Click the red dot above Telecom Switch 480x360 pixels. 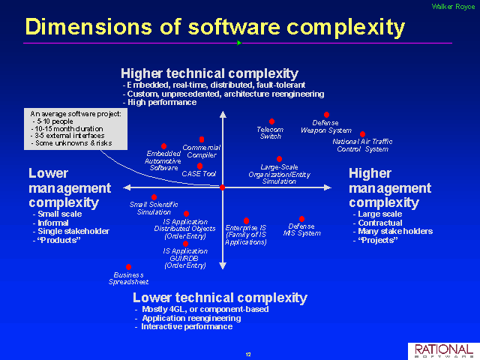tap(271, 121)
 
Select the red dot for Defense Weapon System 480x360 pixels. tap(327, 115)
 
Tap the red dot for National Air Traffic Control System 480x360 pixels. tap(362, 134)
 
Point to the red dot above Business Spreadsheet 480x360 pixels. tap(128, 267)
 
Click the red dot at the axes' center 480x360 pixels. tap(223, 187)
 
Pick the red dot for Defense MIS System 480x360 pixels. tap(301, 219)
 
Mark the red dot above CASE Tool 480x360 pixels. tap(199, 166)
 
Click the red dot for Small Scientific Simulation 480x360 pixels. tap(154, 197)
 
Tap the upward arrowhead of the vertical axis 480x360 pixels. tap(223, 115)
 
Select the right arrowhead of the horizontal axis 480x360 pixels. tap(328, 187)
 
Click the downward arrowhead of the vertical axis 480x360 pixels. tap(223, 265)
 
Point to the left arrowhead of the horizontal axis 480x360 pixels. tap(127, 187)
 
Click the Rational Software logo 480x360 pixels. tap(444, 351)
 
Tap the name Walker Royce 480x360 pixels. tap(453, 7)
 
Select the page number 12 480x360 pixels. tap(248, 355)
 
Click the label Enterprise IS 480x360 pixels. tap(246, 228)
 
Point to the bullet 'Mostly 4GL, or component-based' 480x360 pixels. tap(202, 309)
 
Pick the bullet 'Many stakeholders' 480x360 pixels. tap(393, 231)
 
